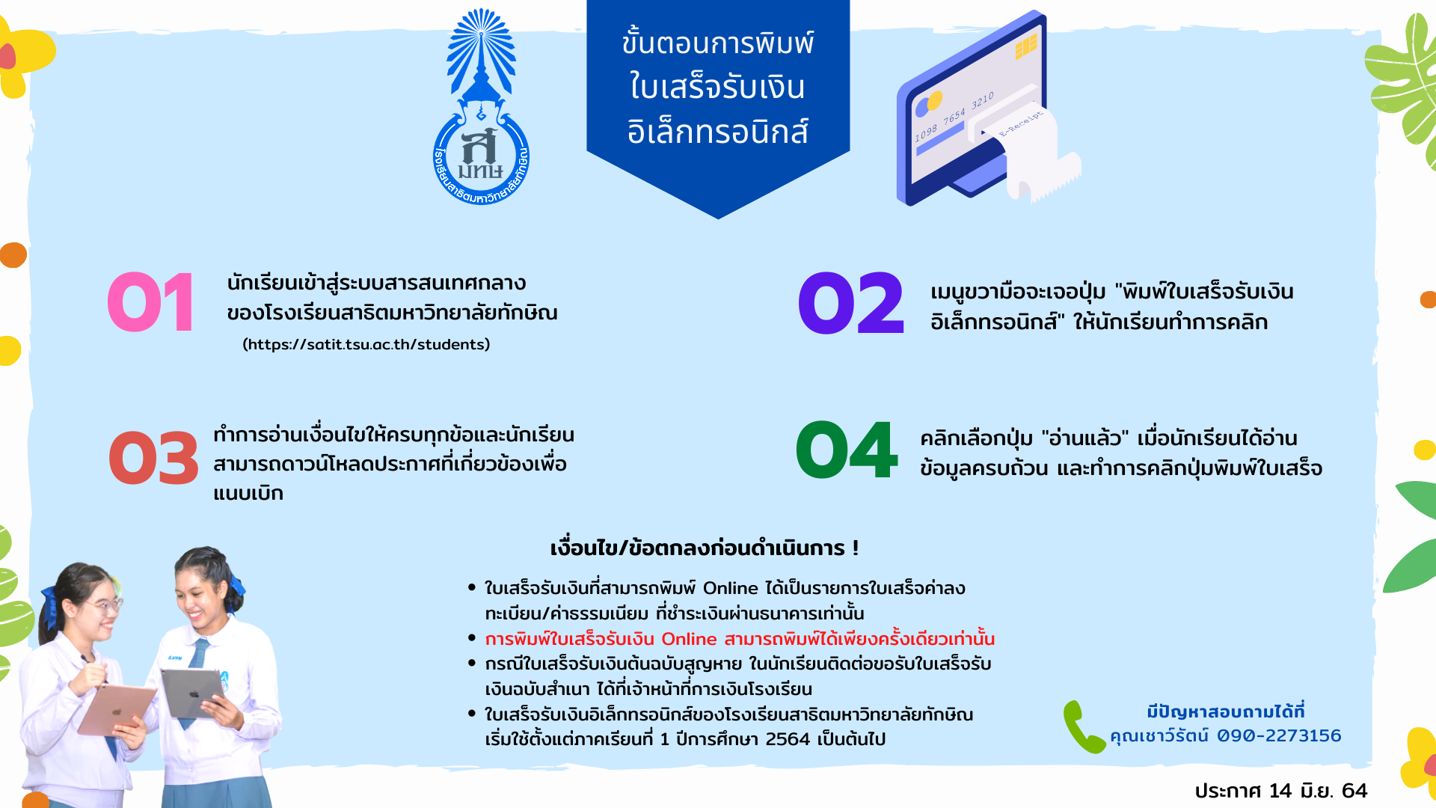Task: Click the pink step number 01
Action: (x=151, y=303)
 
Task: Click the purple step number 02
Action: (x=851, y=303)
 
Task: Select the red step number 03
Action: (x=153, y=458)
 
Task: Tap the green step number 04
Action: (x=846, y=450)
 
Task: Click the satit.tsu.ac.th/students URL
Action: (x=366, y=344)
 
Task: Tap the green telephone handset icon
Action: (x=1083, y=726)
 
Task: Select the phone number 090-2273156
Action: (x=1279, y=735)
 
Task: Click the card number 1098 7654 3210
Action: (x=954, y=117)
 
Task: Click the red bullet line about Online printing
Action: (x=740, y=639)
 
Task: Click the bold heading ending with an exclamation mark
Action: (x=705, y=548)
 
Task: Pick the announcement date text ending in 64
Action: (x=1280, y=791)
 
